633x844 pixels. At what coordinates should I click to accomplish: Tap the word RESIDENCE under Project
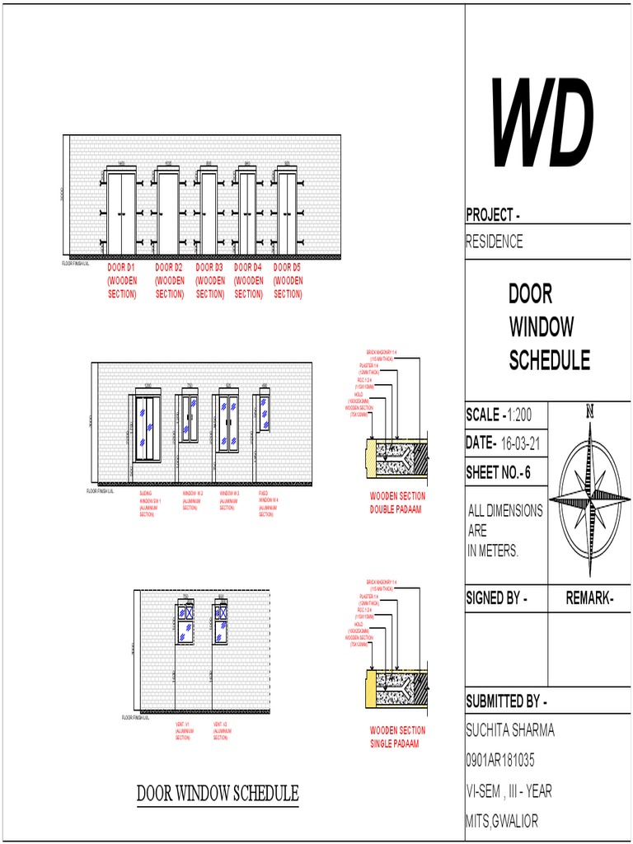pos(495,241)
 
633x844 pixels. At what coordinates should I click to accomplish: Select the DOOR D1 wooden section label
pos(121,280)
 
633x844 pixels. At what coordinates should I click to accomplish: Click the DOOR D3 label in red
pos(209,280)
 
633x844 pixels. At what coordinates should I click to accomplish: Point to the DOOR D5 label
pos(288,280)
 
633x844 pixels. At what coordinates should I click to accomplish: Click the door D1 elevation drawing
pos(121,214)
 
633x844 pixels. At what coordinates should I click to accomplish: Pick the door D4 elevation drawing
pos(247,214)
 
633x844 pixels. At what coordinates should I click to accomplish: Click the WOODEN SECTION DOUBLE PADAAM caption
pos(397,502)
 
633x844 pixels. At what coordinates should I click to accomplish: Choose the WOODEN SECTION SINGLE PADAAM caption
pos(397,736)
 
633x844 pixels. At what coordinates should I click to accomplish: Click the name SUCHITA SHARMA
pos(510,730)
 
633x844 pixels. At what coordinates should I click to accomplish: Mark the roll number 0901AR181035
pos(512,760)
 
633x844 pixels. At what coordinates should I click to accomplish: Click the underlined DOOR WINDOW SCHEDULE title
pos(218,794)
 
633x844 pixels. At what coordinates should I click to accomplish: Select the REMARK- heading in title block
pos(589,598)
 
